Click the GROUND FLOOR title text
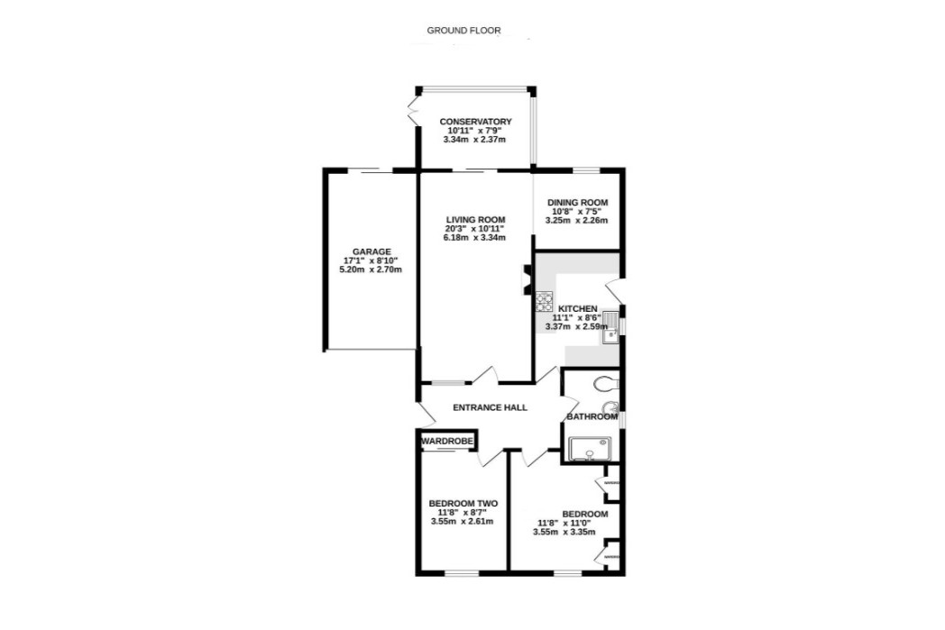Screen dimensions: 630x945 (463, 31)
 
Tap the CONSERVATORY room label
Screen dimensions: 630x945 (475, 122)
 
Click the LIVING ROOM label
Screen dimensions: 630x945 (475, 220)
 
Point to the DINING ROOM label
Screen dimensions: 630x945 (577, 203)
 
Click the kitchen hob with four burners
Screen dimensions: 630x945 (545, 301)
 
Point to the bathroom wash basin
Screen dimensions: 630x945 (610, 406)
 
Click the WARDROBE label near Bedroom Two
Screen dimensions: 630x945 (447, 442)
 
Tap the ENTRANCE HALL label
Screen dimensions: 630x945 (490, 408)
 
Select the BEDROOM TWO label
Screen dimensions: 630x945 (463, 504)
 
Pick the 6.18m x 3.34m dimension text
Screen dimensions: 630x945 (475, 238)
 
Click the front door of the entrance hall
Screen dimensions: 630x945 (425, 415)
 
